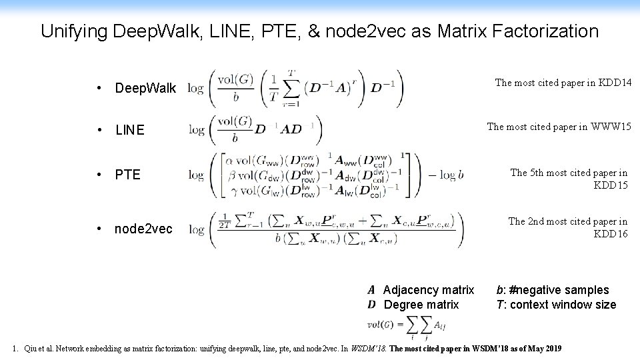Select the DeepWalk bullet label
coord(145,88)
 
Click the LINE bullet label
coord(129,130)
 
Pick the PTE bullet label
coord(127,175)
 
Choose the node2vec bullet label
coord(143,229)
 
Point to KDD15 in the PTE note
coord(610,185)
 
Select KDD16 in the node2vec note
coord(610,234)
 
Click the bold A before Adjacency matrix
coord(371,290)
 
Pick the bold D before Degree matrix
coord(371,305)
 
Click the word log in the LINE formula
coord(196,129)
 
